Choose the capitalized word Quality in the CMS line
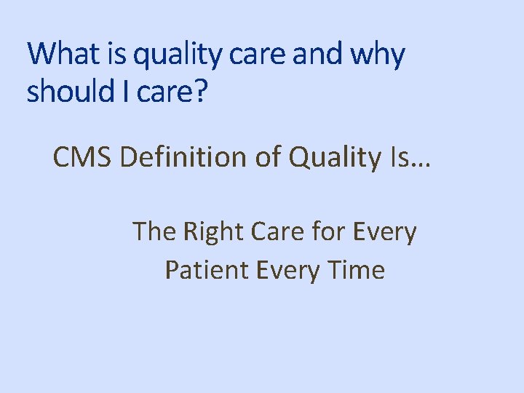point(331,157)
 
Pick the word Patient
point(207,270)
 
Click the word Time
point(356,270)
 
